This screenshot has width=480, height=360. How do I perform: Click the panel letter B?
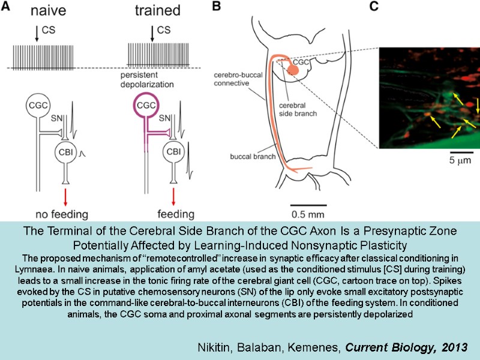pyautogui.click(x=217, y=8)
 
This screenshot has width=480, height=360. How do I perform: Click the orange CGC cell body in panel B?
pyautogui.click(x=292, y=70)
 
